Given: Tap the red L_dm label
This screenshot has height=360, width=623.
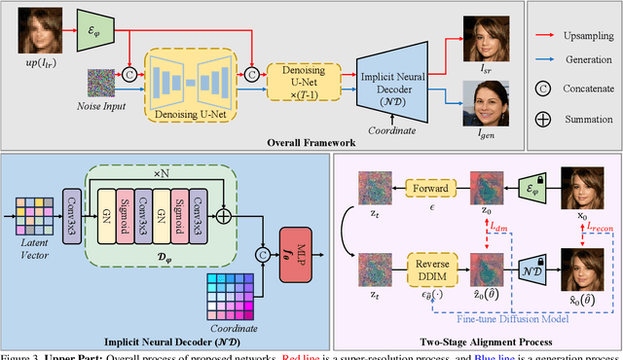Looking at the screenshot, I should [501, 226].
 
